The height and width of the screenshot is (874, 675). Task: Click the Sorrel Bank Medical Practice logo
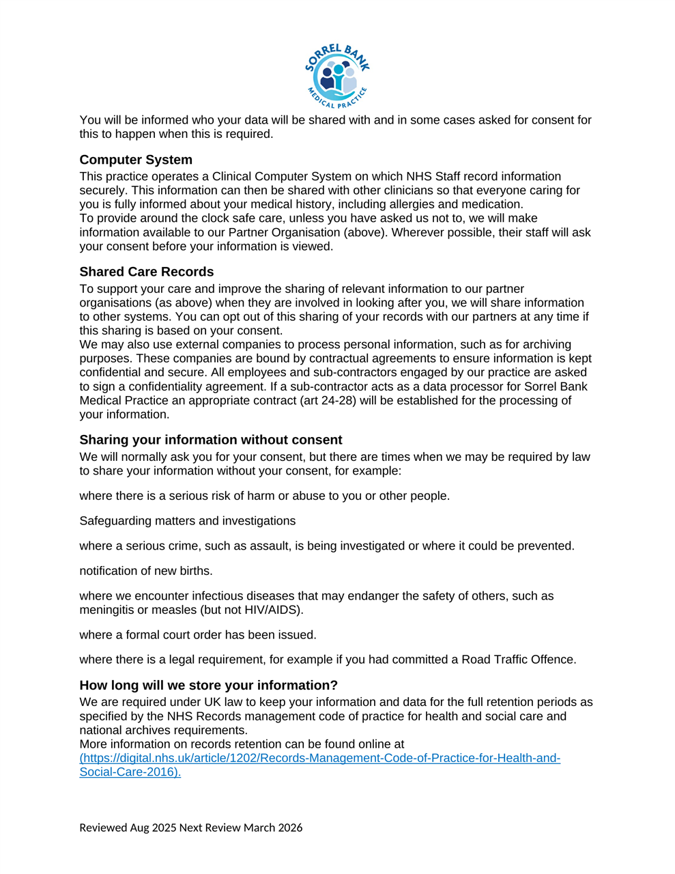point(337,76)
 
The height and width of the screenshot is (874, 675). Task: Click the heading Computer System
point(136,160)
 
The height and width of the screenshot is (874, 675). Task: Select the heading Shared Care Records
point(146,272)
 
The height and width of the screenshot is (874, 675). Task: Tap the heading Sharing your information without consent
point(210,440)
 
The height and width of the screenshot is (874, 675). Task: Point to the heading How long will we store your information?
point(208,685)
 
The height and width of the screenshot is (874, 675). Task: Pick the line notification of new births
point(146,571)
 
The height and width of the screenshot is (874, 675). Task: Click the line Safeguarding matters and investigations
point(187,521)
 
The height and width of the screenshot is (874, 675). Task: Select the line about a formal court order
point(198,635)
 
